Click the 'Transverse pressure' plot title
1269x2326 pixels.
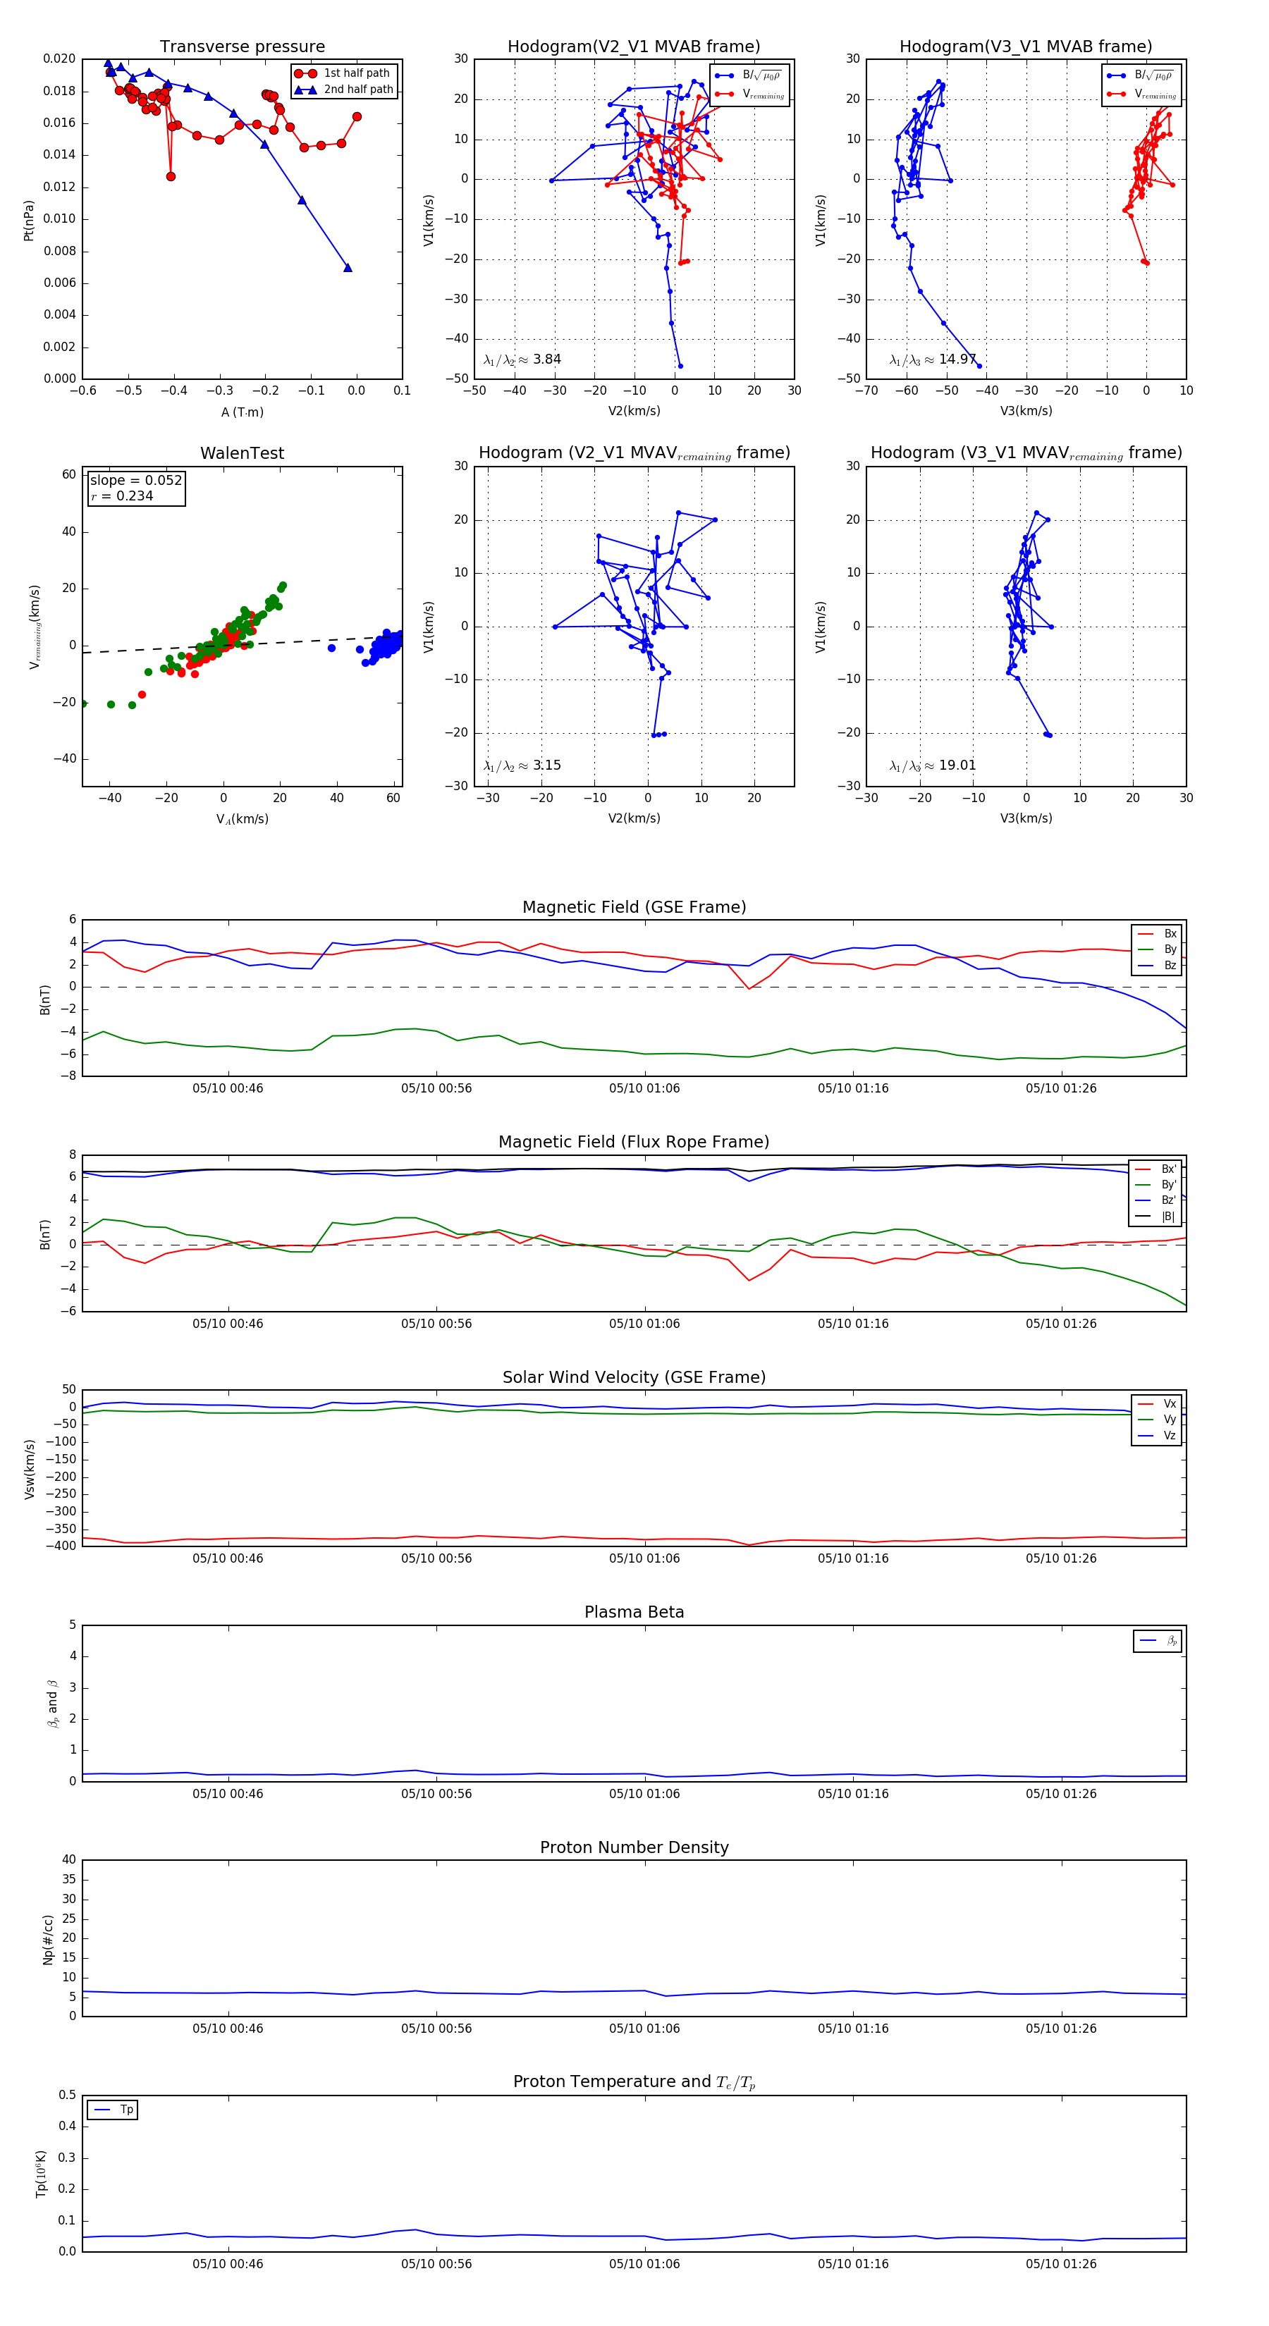click(242, 47)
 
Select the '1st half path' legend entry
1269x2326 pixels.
click(356, 73)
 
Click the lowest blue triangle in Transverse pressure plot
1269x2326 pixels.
click(348, 267)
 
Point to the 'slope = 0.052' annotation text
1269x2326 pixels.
click(135, 481)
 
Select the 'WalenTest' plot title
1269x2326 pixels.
click(242, 453)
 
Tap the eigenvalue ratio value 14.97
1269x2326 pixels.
click(957, 359)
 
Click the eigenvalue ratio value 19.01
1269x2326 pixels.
click(957, 765)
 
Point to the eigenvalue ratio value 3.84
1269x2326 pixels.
click(546, 359)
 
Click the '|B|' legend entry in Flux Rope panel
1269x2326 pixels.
click(1168, 1217)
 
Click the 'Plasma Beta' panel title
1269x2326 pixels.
click(634, 1612)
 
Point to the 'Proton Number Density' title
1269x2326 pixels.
click(634, 1847)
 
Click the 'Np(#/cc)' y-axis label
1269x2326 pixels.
click(49, 1940)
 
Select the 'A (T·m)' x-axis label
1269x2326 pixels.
click(242, 412)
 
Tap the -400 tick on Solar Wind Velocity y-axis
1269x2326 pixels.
click(64, 1545)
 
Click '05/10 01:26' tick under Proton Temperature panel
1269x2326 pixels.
click(1060, 2264)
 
